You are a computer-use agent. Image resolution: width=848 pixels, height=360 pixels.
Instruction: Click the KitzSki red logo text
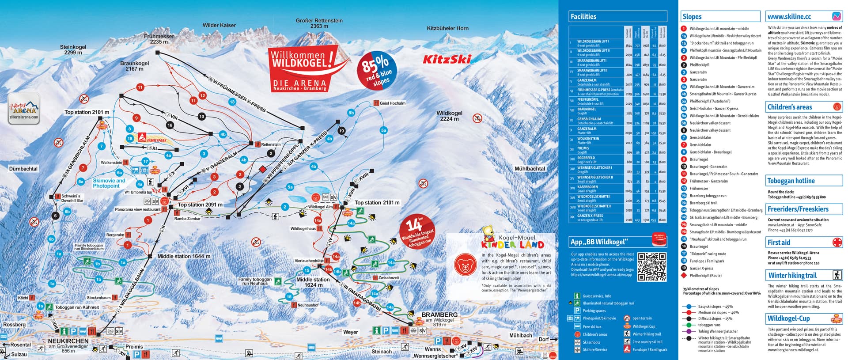tap(447, 59)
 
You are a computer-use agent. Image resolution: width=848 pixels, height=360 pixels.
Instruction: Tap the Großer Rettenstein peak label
tap(319, 23)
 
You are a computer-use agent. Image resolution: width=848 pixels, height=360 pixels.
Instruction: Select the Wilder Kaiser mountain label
tap(219, 25)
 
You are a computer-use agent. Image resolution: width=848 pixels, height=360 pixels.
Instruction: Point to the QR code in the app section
tap(652, 267)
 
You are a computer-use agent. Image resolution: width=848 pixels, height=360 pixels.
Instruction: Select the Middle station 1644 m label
tap(184, 256)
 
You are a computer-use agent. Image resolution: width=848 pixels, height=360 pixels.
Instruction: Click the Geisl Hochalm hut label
tap(392, 103)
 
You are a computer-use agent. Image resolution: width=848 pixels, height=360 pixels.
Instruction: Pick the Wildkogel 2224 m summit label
tap(449, 116)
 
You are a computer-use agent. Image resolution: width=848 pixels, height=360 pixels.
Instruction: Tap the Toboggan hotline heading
tap(791, 181)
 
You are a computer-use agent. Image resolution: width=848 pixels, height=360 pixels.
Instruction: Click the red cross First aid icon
tap(837, 243)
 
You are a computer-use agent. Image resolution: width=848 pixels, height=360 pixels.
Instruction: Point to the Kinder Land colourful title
tap(512, 244)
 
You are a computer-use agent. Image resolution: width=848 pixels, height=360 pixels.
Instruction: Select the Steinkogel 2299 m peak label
tap(73, 49)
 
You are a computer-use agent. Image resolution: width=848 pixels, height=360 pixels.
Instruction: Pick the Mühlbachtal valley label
tap(530, 168)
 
